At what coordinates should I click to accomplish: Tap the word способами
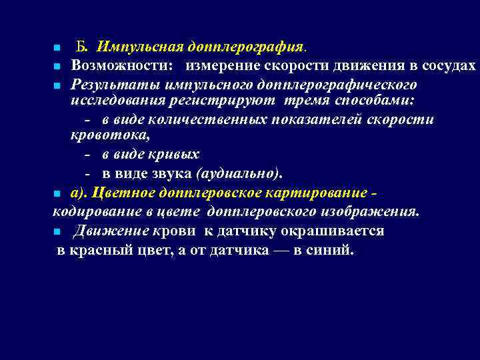point(375,101)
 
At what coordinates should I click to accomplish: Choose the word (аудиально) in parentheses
point(239,174)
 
